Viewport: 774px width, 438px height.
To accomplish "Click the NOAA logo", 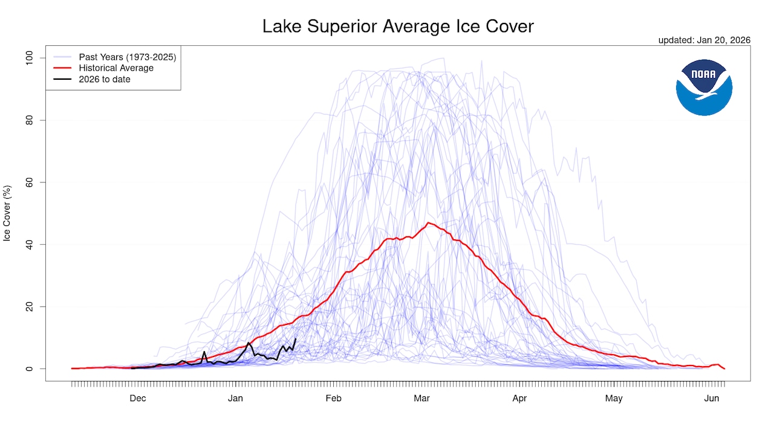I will pos(704,88).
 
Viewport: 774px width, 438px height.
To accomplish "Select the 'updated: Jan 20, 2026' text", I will pos(704,40).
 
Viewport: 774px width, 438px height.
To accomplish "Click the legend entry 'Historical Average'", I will pos(116,68).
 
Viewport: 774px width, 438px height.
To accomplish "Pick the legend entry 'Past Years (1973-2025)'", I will pos(127,57).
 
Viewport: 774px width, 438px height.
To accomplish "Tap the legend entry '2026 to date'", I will pos(105,79).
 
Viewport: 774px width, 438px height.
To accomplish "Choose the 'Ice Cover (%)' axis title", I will pos(7,213).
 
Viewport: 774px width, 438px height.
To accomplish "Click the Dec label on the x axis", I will pos(137,398).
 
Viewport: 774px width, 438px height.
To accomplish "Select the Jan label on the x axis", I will pos(235,398).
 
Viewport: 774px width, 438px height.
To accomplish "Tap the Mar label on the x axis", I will pos(421,398).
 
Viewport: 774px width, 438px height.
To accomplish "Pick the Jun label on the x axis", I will pos(712,398).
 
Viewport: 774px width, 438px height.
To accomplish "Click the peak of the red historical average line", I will pos(428,223).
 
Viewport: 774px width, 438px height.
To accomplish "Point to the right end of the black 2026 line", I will pos(295,339).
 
